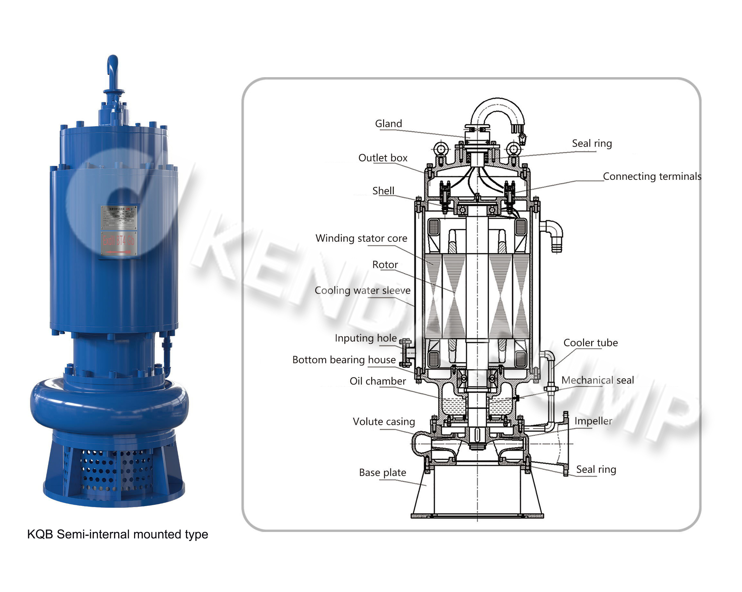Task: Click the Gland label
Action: (388, 124)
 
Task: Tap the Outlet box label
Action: (383, 158)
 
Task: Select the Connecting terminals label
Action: (652, 177)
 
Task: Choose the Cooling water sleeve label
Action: (362, 290)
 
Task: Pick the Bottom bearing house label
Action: (344, 360)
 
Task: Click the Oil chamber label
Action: (378, 381)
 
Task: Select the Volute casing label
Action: (384, 422)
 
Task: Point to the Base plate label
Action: (382, 473)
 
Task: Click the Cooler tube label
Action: (590, 343)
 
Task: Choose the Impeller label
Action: (593, 421)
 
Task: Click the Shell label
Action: (383, 191)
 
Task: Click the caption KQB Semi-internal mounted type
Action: (117, 534)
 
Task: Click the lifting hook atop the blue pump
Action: (112, 69)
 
